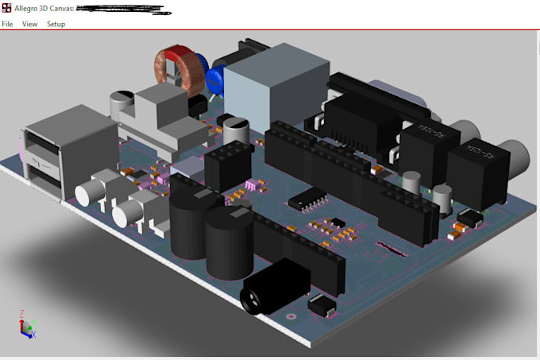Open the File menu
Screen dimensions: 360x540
[x=7, y=24]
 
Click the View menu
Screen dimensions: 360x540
[x=30, y=24]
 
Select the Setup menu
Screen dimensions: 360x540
[x=56, y=24]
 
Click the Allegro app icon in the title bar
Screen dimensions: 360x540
[x=7, y=9]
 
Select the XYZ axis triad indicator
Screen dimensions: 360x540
[x=26, y=323]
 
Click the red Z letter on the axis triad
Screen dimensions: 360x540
[x=21, y=313]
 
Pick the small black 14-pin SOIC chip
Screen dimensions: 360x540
[x=306, y=201]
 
